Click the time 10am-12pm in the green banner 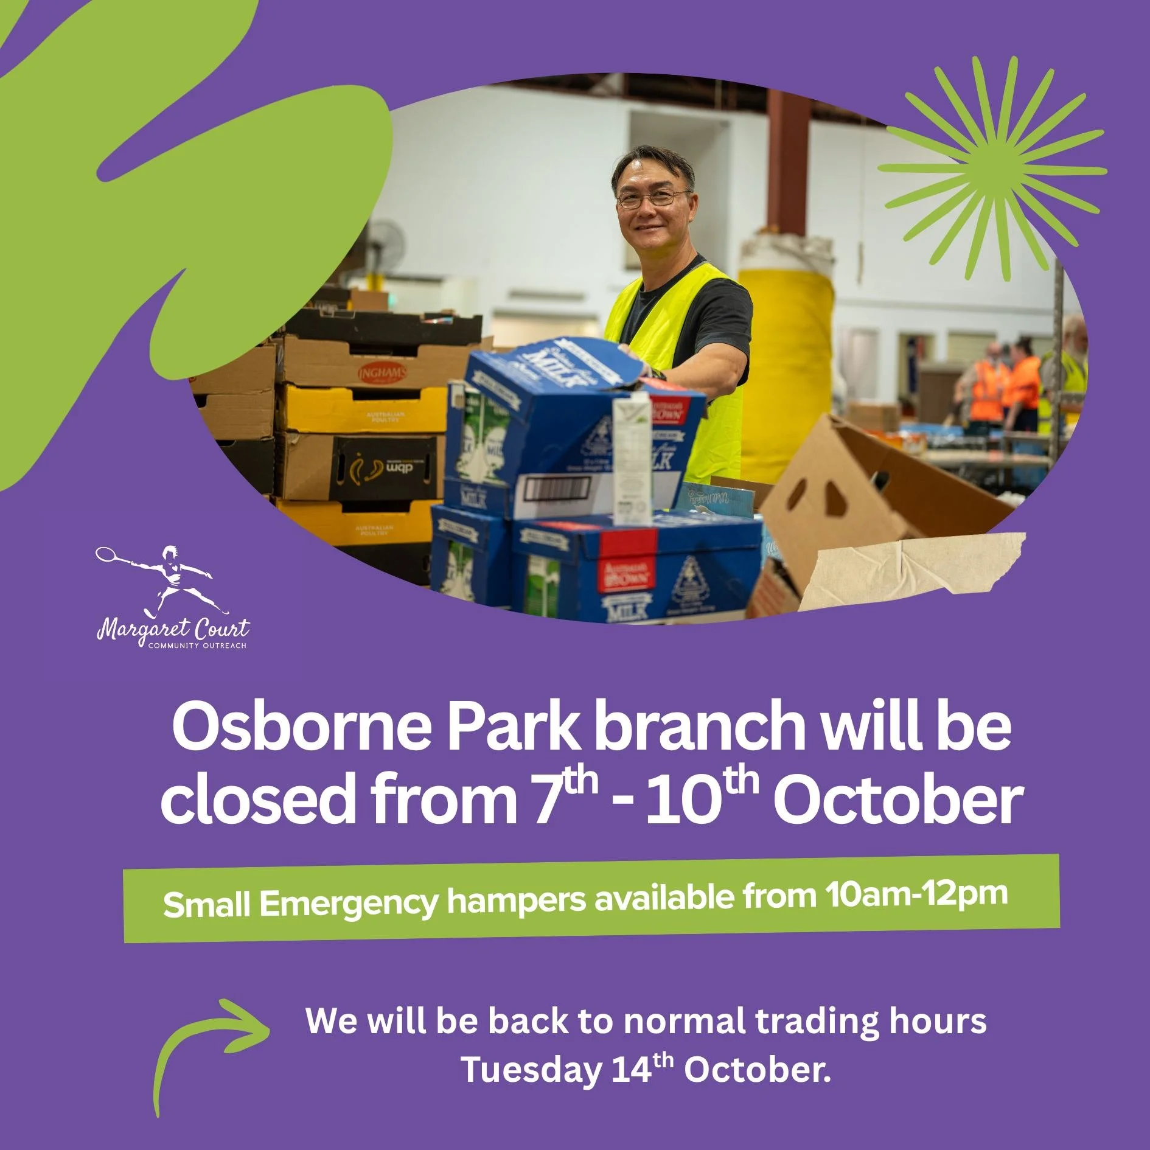coord(916,894)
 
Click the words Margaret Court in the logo coord(173,629)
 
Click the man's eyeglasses coord(654,198)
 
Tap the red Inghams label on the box coord(382,372)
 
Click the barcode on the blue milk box coord(558,489)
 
